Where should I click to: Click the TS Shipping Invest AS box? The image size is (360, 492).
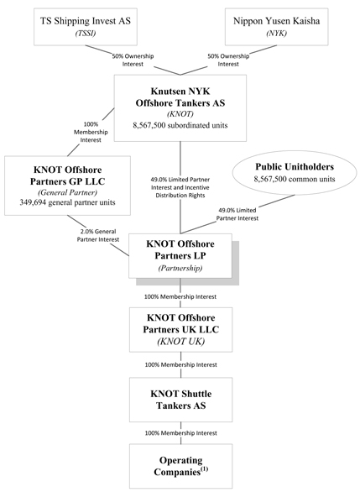86,27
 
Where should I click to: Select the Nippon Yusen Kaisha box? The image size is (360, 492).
277,27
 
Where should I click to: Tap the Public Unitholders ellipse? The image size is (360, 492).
295,173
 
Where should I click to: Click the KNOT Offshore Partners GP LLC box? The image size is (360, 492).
67,186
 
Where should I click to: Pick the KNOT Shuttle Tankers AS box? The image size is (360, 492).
181,400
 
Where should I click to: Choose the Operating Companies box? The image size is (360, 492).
181,466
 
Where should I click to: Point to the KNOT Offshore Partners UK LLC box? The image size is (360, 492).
181,330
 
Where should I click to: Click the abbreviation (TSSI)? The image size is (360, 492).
86,34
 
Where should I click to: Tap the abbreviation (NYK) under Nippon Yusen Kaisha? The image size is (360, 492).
276,34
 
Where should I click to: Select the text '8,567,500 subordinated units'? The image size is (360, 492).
180,125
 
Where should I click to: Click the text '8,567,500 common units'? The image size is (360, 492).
295,179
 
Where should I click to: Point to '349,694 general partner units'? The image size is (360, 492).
67,202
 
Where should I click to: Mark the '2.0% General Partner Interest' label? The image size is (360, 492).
98,235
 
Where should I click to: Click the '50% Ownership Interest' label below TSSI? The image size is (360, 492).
133,60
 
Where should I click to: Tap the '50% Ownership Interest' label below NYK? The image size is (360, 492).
228,60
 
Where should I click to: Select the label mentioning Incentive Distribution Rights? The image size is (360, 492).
180,187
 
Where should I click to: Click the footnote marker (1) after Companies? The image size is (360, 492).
204,469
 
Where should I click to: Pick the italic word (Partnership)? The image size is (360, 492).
180,268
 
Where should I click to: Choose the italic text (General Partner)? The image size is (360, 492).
67,192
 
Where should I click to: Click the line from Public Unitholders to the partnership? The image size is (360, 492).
237,214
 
